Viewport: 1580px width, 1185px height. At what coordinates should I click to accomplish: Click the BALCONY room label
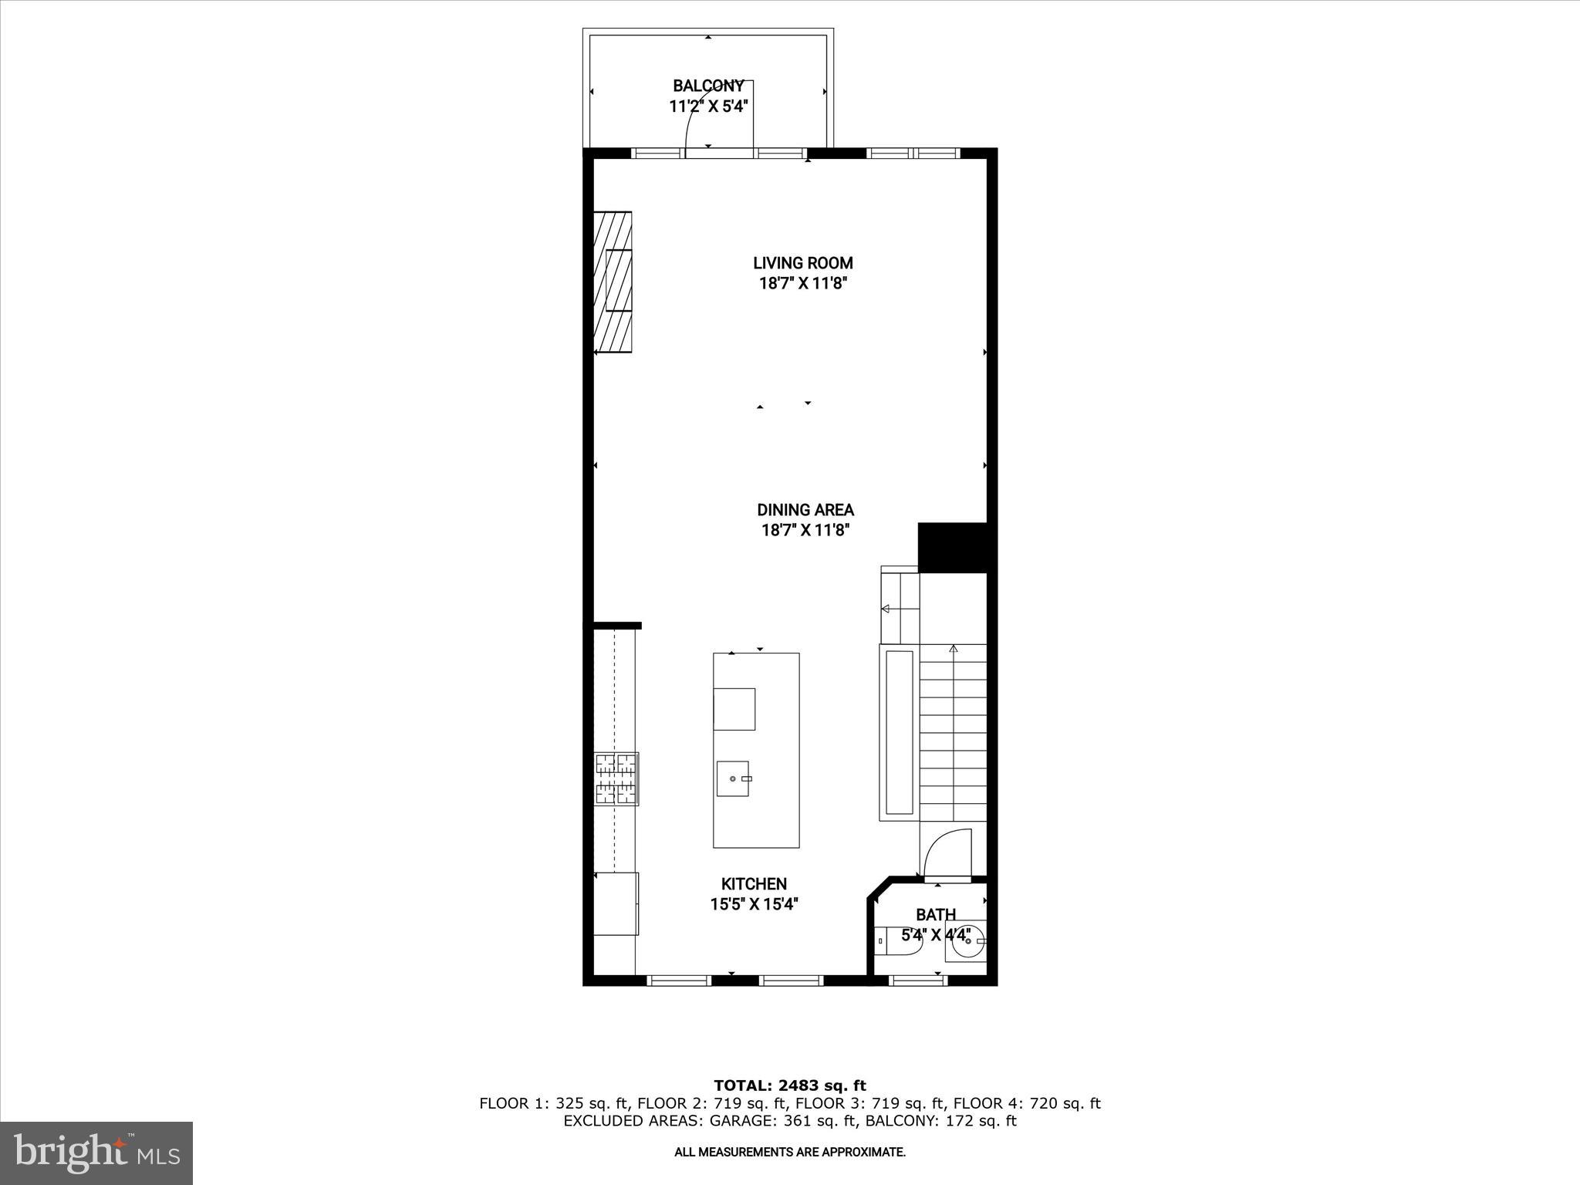click(708, 86)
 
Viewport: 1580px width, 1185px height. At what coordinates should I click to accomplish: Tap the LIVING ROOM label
click(803, 263)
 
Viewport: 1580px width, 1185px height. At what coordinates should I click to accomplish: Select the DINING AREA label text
click(805, 510)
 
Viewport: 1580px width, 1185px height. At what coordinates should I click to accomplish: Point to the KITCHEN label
click(754, 884)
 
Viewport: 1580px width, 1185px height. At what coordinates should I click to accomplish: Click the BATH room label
click(936, 915)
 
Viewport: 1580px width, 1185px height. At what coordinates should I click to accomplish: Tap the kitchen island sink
click(732, 778)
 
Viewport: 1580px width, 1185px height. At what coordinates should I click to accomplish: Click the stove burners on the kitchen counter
click(616, 778)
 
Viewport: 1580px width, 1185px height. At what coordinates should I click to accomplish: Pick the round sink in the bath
click(965, 942)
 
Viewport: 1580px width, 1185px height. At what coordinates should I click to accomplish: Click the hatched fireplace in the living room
click(613, 282)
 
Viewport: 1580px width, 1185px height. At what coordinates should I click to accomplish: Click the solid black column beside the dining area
click(953, 548)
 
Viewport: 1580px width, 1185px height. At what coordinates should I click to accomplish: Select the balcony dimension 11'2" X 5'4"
click(708, 106)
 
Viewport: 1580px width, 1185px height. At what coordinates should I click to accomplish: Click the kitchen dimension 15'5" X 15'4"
click(754, 904)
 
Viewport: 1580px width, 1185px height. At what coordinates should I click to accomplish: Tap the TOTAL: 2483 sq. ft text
click(790, 1086)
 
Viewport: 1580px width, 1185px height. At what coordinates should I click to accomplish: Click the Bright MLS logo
click(96, 1153)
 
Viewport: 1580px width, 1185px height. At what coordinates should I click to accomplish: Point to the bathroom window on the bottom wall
click(918, 981)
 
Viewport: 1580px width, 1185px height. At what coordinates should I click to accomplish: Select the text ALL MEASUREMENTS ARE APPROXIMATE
click(790, 1153)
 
